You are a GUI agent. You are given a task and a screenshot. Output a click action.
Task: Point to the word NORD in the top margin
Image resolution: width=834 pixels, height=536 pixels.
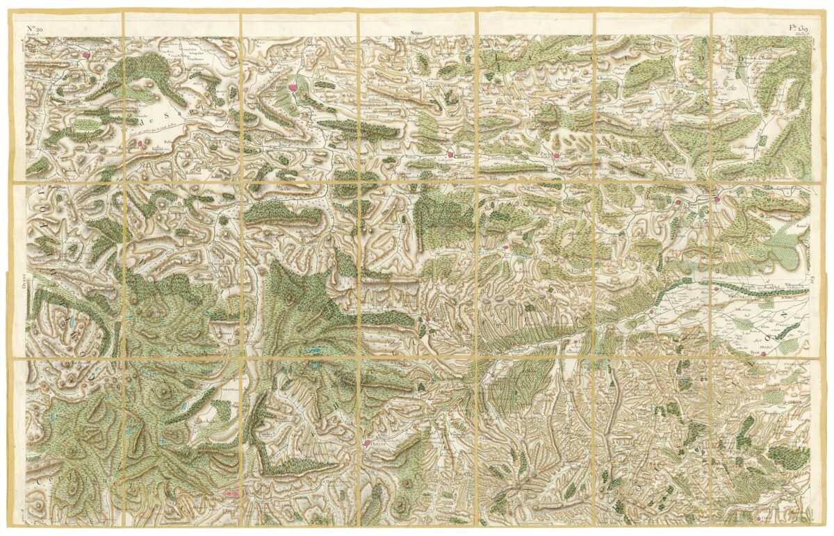pos(417,33)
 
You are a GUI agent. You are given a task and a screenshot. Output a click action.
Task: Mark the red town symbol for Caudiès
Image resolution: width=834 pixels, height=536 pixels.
pos(450,154)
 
